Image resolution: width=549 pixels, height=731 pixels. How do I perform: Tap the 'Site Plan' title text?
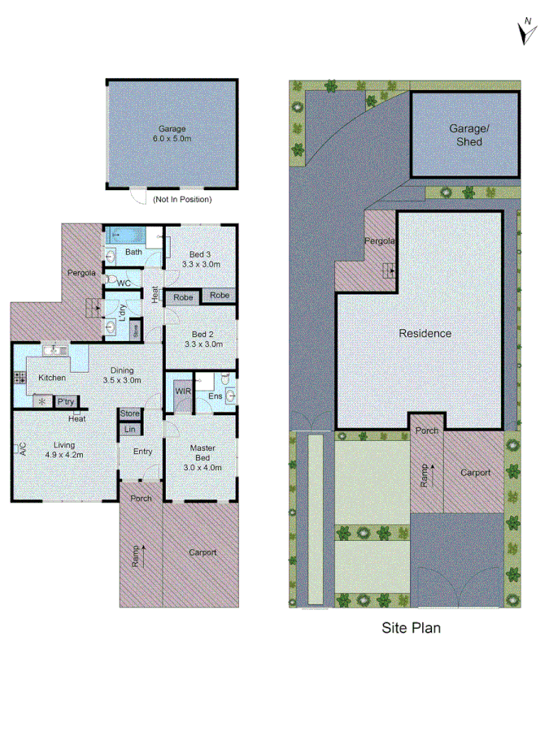(411, 627)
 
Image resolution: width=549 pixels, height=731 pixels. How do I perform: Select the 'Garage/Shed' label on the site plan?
(465, 135)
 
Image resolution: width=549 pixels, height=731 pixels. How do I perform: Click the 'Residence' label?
(425, 333)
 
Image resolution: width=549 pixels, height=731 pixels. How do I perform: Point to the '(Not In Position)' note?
(182, 199)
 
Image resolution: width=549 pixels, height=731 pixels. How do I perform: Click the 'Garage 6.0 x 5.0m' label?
(172, 133)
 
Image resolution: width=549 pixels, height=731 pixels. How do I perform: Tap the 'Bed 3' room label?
(200, 259)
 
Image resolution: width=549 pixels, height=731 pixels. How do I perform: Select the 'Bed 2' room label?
(201, 339)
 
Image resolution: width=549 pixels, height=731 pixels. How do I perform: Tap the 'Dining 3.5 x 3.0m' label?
(122, 374)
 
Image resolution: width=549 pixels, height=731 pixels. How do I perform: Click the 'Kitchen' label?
(52, 378)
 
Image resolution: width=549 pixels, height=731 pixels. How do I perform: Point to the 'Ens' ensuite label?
(215, 396)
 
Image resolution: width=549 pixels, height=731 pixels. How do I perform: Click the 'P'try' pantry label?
(64, 401)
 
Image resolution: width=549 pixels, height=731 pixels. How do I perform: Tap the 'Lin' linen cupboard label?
(130, 429)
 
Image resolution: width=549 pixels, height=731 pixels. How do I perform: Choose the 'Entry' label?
(142, 452)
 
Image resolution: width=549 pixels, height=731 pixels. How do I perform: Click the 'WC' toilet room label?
(124, 283)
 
